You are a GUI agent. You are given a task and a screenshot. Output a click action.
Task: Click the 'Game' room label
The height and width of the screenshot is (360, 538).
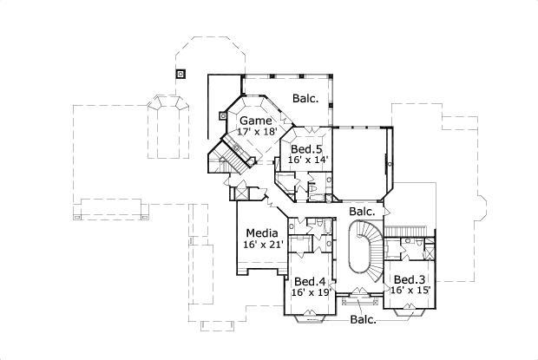click(255, 120)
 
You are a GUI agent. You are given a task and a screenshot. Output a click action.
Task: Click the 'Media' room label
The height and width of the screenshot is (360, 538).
click(261, 233)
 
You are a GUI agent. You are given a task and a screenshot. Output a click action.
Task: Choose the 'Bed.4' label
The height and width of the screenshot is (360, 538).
click(310, 281)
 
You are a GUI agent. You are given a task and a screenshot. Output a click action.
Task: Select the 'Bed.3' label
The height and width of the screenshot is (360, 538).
click(409, 278)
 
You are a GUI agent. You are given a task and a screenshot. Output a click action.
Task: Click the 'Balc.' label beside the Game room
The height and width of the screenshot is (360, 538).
click(305, 98)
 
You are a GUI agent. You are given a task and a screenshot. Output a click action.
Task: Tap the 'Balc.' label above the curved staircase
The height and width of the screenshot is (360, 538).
click(362, 211)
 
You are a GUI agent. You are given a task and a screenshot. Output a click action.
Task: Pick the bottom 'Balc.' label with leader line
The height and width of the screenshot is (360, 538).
click(364, 320)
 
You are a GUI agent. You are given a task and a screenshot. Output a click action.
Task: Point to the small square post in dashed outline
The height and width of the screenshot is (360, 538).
click(180, 73)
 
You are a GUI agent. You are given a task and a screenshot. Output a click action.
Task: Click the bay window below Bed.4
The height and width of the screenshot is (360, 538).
click(309, 315)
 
